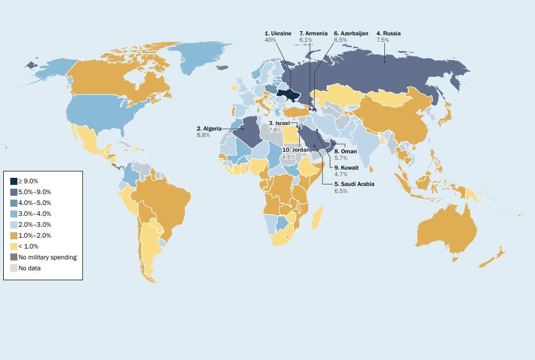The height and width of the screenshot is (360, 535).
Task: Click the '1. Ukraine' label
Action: [278, 34]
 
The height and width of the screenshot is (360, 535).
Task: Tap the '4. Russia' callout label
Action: [388, 34]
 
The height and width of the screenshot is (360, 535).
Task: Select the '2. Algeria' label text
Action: [209, 128]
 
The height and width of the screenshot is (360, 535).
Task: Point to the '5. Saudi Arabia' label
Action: [354, 184]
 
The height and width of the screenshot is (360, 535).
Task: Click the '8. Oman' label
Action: [345, 151]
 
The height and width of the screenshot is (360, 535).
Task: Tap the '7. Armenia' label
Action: [313, 34]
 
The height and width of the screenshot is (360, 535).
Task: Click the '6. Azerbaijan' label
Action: [351, 34]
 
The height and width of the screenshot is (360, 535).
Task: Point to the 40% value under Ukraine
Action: [270, 40]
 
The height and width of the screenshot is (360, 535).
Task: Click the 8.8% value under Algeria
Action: [203, 134]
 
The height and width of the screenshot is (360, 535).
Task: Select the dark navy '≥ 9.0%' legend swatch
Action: [14, 181]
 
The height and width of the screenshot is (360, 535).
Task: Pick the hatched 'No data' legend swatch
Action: [14, 268]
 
